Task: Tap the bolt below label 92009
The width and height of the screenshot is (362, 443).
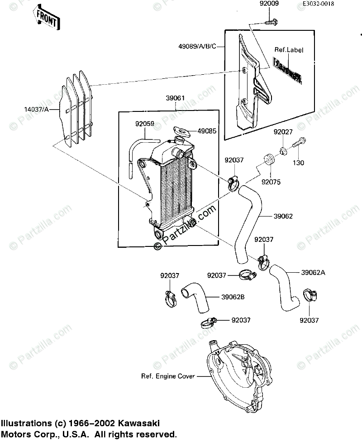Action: pyautogui.click(x=271, y=21)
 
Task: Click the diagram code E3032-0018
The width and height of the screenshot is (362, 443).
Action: pyautogui.click(x=331, y=4)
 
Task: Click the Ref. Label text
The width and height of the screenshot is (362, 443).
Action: pyautogui.click(x=289, y=50)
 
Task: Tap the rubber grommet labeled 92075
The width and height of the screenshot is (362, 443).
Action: pyautogui.click(x=270, y=160)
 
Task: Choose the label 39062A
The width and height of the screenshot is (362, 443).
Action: pyautogui.click(x=313, y=272)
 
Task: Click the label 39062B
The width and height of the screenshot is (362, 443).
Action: pyautogui.click(x=233, y=297)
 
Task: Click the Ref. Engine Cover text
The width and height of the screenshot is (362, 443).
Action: pyautogui.click(x=168, y=376)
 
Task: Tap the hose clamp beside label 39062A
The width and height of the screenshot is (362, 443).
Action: pyautogui.click(x=264, y=262)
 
